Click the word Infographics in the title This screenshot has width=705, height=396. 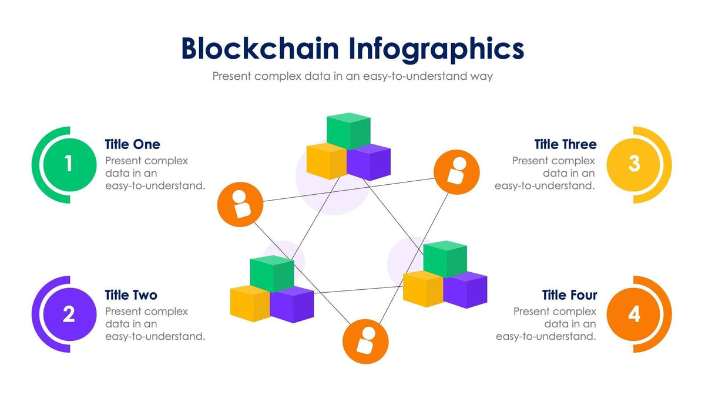436,49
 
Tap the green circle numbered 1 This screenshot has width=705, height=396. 69,164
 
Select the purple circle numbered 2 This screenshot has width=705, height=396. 69,314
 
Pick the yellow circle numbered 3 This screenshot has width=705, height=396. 634,164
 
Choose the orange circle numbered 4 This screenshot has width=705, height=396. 634,314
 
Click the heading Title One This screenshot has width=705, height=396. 132,144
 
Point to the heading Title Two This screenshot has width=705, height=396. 131,295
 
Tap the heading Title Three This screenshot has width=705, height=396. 565,144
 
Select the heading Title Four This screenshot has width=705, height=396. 569,295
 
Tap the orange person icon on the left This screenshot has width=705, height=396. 240,204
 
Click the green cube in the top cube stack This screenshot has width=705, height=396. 348,130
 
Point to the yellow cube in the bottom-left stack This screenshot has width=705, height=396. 250,303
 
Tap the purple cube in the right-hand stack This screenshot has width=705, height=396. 465,290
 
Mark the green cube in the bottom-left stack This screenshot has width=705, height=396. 271,273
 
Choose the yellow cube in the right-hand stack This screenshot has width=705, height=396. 423,289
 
